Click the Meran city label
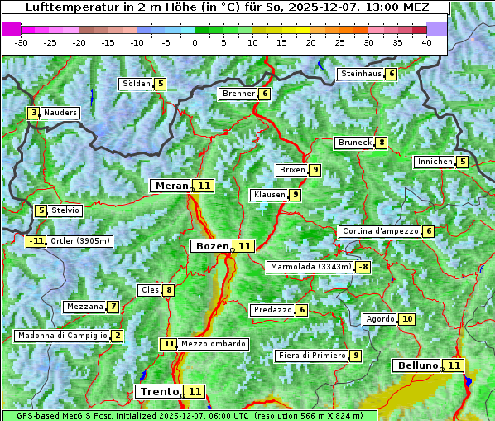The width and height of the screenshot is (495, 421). click(171, 186)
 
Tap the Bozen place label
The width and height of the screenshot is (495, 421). click(210, 246)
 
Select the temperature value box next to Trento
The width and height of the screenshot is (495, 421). click(195, 391)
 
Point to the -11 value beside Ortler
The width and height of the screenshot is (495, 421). click(36, 241)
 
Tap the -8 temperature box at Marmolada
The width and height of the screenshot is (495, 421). click(363, 267)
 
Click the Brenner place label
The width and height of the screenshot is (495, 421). click(238, 94)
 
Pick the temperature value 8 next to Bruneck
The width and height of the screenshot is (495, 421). click(381, 143)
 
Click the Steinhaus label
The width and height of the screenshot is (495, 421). click(361, 74)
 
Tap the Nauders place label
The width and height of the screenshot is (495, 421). click(60, 113)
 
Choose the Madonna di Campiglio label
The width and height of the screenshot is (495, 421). click(62, 336)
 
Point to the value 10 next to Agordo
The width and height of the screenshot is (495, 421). click(406, 319)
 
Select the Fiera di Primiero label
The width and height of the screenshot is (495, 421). click(311, 356)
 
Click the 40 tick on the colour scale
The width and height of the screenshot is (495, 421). click(426, 42)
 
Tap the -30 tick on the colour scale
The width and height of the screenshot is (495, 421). click(22, 42)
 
